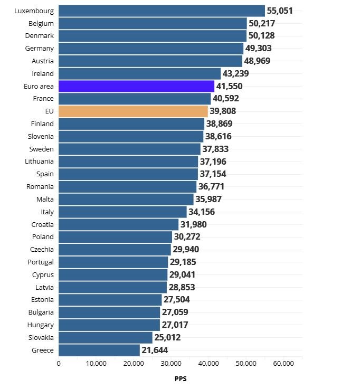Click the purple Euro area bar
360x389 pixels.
click(136, 86)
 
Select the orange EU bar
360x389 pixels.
click(133, 111)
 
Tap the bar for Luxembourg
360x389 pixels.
click(162, 11)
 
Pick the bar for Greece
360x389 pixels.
click(99, 350)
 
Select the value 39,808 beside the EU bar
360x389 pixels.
click(223, 111)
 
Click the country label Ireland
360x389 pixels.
click(43, 73)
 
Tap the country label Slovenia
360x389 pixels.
click(41, 136)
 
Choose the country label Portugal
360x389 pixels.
click(41, 262)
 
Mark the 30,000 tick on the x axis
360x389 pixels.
click(171, 363)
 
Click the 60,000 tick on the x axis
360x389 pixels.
click(283, 363)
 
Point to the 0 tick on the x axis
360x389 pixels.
click(59, 363)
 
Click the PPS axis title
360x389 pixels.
click(181, 378)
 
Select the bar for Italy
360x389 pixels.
click(122, 212)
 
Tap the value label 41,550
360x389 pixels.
click(230, 86)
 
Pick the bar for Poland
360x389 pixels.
click(115, 237)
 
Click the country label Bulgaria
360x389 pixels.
click(41, 312)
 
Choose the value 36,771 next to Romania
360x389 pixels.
click(212, 187)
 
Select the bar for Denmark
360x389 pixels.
click(153, 36)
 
